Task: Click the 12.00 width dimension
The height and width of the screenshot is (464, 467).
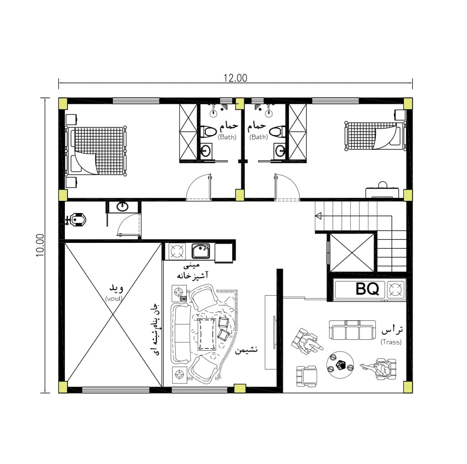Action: click(235, 78)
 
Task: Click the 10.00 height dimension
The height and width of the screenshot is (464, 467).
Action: click(40, 245)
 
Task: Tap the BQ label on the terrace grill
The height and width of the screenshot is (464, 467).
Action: click(368, 289)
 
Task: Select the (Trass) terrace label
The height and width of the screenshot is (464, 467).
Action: click(391, 342)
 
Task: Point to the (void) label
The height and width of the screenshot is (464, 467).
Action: click(114, 298)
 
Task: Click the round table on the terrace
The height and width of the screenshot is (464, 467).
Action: click(340, 365)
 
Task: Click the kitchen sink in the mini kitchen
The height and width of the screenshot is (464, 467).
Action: click(201, 251)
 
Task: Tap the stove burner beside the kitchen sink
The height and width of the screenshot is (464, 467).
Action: click(177, 251)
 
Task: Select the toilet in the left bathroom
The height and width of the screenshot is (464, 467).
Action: click(208, 132)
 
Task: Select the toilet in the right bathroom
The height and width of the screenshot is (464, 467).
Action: click(277, 131)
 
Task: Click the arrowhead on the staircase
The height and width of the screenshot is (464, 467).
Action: click(318, 216)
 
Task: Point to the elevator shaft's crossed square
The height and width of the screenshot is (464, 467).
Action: click(352, 253)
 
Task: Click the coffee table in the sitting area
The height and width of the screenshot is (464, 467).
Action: click(207, 334)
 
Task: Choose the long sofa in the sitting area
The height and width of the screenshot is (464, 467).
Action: click(181, 333)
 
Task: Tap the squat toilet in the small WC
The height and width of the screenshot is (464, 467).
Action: click(76, 220)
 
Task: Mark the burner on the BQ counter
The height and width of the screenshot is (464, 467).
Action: click(396, 289)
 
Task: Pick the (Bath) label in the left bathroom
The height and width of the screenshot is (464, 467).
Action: click(227, 137)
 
